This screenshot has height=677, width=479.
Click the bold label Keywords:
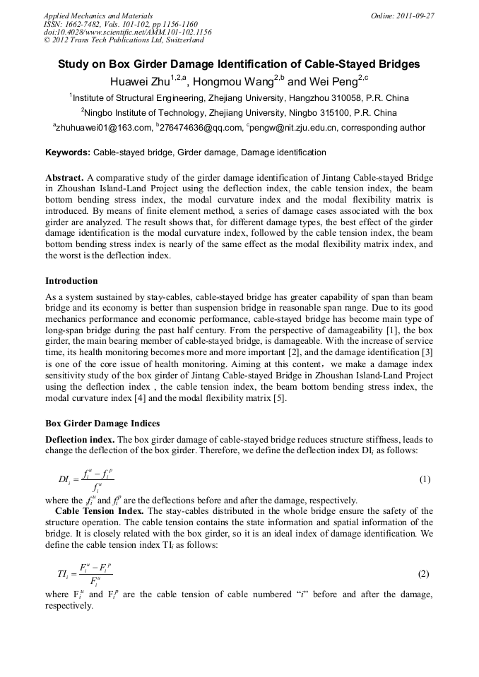[68, 152]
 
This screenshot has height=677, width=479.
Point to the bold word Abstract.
[64, 177]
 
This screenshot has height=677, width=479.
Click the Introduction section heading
[71, 281]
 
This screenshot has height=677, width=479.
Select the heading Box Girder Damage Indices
[102, 424]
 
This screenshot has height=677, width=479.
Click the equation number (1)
[424, 479]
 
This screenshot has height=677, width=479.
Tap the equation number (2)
[424, 575]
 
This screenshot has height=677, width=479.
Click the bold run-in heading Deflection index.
[80, 439]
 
